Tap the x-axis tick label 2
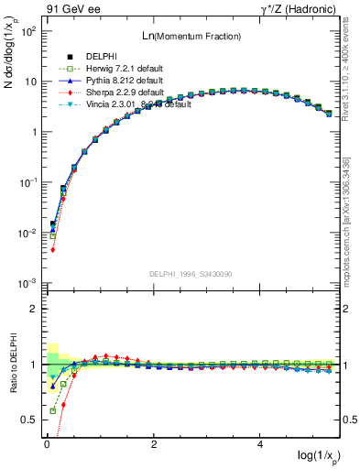tap(154, 444)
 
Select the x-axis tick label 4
tap(261, 444)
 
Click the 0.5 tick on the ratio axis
tap(29, 420)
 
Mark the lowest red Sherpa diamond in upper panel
tap(53, 249)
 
